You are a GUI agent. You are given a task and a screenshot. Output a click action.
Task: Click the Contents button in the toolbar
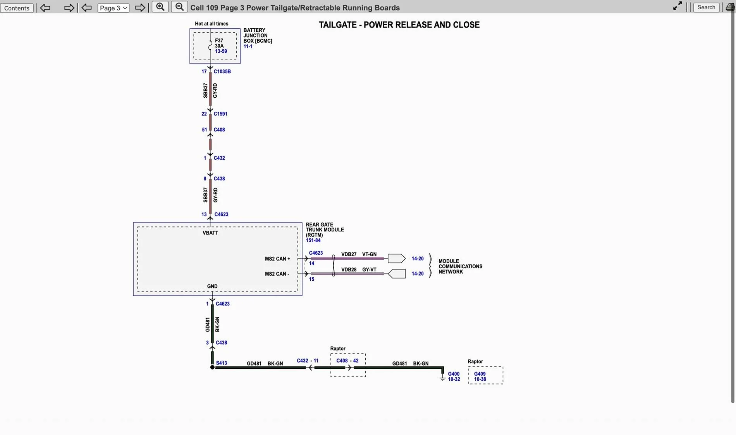[17, 8]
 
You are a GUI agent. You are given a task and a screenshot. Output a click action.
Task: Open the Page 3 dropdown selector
[113, 8]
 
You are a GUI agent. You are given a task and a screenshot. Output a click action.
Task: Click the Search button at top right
[706, 7]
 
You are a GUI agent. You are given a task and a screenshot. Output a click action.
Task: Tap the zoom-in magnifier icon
[160, 7]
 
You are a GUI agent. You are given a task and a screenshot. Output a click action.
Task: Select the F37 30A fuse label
[219, 43]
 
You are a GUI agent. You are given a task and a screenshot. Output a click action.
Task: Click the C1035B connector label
[222, 71]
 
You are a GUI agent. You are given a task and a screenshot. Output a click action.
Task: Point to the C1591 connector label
[220, 114]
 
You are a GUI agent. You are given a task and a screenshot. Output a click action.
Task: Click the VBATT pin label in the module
[210, 233]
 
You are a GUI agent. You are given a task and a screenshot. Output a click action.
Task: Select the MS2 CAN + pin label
[277, 259]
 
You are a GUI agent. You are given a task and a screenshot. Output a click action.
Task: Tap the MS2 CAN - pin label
[277, 274]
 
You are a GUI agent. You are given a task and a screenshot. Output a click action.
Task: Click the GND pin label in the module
[212, 287]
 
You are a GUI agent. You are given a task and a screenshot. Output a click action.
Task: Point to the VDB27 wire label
[349, 254]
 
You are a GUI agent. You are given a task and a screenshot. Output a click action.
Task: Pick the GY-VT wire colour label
[369, 269]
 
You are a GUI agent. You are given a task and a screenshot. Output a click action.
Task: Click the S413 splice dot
[212, 367]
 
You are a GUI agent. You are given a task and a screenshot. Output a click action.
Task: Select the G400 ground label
[454, 374]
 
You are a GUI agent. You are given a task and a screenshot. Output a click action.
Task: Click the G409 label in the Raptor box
[480, 374]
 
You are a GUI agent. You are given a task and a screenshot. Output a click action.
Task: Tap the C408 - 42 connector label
[347, 361]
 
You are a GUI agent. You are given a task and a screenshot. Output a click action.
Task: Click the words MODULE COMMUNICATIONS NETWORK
[460, 266]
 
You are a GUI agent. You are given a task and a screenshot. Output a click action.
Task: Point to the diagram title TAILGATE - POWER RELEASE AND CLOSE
[399, 25]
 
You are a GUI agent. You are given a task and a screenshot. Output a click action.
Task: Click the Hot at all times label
[212, 24]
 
